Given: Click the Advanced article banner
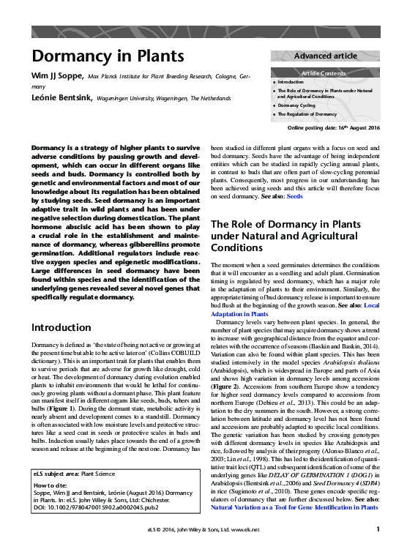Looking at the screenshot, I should pyautogui.click(x=326, y=56).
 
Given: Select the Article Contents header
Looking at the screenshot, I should pyautogui.click(x=326, y=74).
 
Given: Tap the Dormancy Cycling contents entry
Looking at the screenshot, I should pyautogui.click(x=296, y=105).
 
